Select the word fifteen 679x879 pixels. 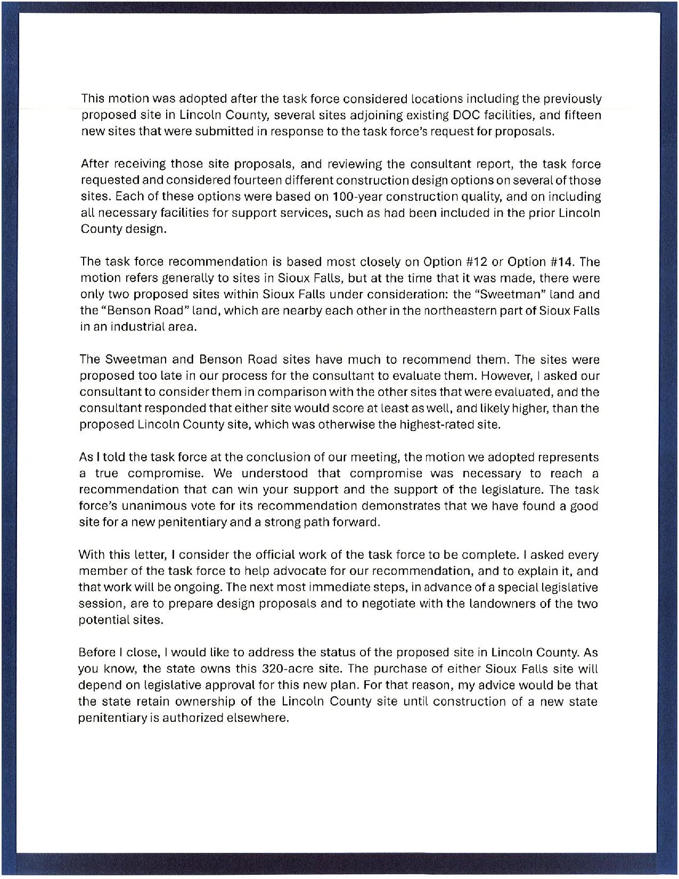coord(580,115)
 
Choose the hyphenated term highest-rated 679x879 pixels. coord(463,425)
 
